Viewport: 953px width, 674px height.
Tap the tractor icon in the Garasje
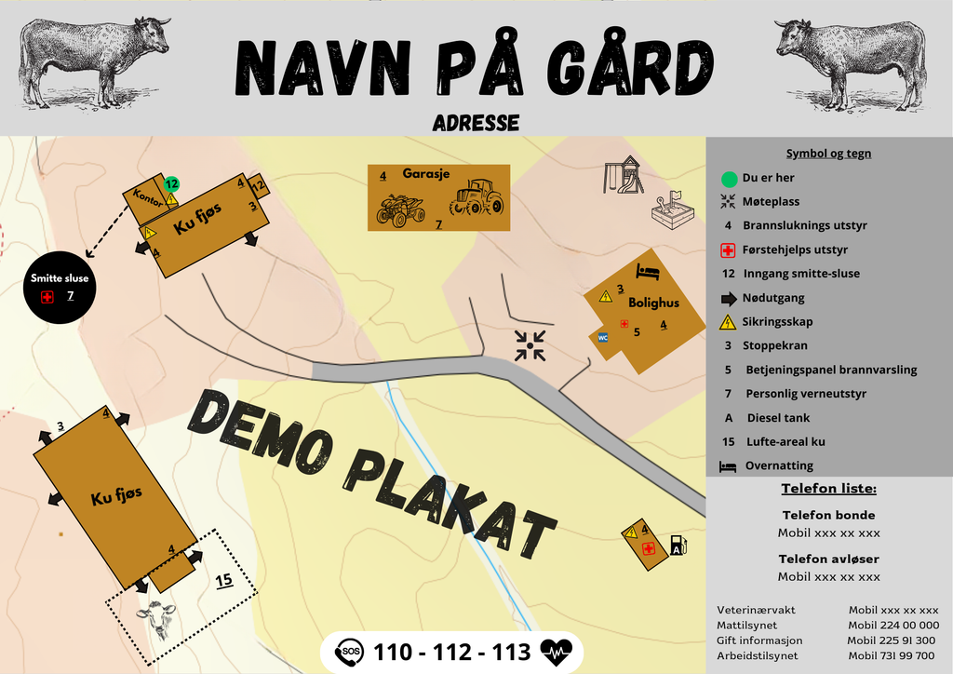tap(476, 197)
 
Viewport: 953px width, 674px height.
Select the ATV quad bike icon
tap(400, 209)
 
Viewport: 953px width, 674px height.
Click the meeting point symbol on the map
tap(530, 346)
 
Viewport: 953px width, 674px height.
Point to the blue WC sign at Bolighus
tap(603, 337)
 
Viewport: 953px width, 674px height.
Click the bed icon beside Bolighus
tap(647, 272)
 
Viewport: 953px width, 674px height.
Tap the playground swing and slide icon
tap(624, 175)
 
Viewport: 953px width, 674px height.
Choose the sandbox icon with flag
tap(672, 211)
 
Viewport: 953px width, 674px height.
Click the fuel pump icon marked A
tap(678, 546)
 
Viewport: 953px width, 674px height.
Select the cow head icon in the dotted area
tap(157, 616)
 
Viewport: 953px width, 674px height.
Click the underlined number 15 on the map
tap(223, 580)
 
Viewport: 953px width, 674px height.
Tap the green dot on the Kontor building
tap(171, 183)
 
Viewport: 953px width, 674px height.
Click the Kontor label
tap(149, 195)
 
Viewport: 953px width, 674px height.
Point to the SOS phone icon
tap(349, 652)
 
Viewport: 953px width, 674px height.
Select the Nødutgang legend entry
tap(773, 298)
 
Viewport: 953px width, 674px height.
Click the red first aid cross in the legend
tap(728, 250)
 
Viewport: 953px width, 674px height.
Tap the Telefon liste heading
tap(828, 488)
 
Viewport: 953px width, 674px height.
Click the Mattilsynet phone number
tap(893, 626)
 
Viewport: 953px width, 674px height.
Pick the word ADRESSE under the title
tap(476, 123)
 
